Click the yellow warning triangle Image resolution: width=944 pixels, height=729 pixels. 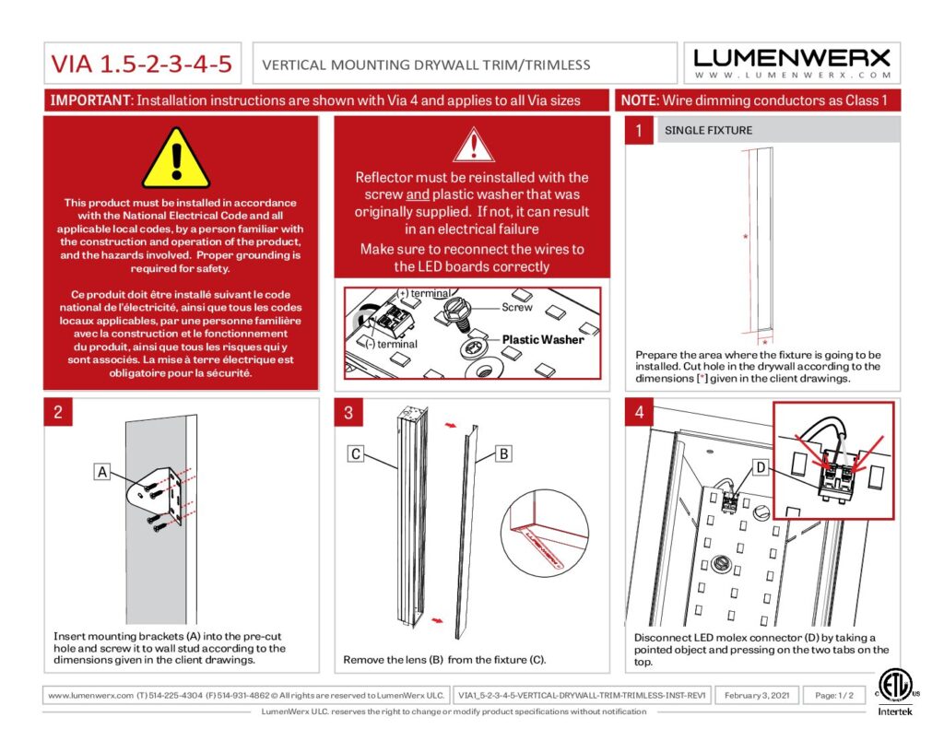177,159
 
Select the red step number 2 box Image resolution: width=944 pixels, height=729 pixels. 58,412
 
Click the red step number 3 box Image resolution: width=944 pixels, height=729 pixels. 348,412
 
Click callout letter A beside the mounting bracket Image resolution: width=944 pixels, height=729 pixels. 104,472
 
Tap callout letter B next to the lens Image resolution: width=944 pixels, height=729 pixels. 503,453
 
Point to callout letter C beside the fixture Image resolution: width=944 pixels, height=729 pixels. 357,453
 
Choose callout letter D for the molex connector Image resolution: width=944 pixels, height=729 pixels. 761,469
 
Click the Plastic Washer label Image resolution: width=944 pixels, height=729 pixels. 542,340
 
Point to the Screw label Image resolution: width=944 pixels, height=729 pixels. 516,307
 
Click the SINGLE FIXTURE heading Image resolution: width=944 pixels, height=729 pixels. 708,131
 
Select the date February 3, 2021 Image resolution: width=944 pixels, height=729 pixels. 757,695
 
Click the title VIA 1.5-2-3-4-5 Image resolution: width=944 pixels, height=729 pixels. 141,64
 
